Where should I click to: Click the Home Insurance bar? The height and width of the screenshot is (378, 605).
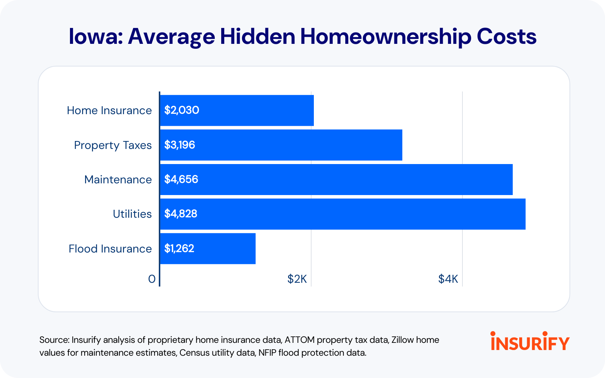[x=237, y=110]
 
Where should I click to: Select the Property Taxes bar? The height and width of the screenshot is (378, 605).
[x=281, y=145]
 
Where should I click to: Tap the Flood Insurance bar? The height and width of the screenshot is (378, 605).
[x=208, y=249]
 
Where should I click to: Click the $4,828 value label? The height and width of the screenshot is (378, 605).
[x=181, y=214]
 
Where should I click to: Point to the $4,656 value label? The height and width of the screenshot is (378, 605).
[x=181, y=179]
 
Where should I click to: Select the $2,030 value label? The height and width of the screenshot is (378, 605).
[x=181, y=110]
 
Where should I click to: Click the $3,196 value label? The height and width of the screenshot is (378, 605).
[x=180, y=145]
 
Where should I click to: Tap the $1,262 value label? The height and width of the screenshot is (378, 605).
[x=179, y=248]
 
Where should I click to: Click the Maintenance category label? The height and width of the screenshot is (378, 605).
[x=118, y=180]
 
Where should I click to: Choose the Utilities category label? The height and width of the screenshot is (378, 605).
[x=132, y=214]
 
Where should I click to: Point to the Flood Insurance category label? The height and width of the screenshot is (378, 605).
[x=110, y=249]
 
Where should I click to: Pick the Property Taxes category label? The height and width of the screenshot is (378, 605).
[x=113, y=145]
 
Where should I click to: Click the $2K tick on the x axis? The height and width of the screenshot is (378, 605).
[x=297, y=279]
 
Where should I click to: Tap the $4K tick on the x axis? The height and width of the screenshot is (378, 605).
[x=448, y=279]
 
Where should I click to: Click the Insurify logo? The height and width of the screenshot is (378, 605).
[x=530, y=341]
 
